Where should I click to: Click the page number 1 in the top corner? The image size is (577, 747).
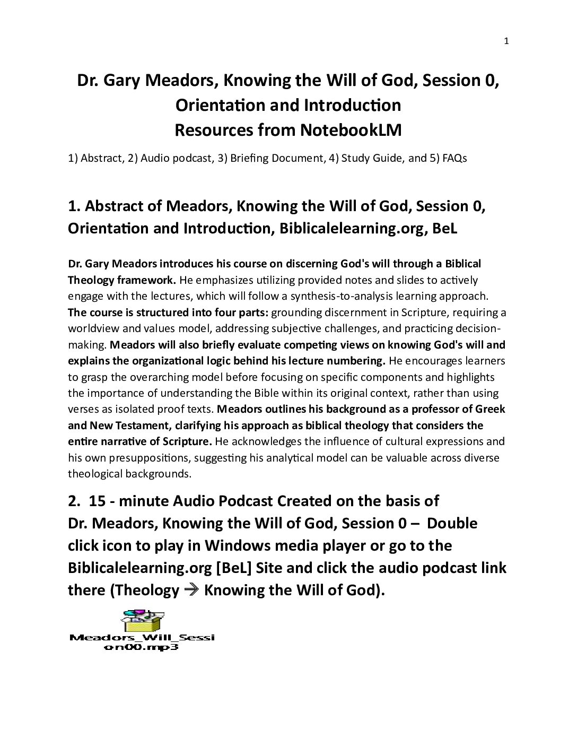pyautogui.click(x=506, y=42)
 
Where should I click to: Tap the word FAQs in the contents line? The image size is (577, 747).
pyautogui.click(x=454, y=158)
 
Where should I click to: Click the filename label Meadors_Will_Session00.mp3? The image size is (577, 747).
pyautogui.click(x=142, y=642)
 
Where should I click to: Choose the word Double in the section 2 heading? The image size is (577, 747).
pyautogui.click(x=452, y=523)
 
